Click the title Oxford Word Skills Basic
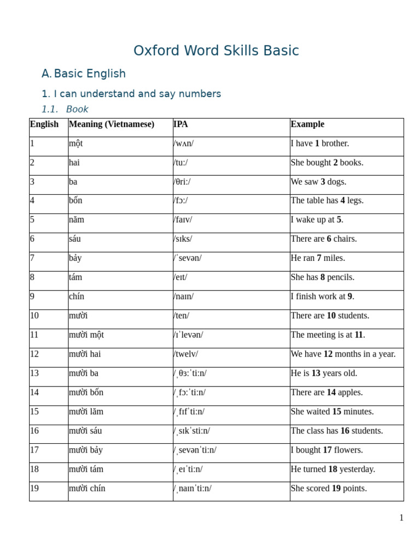point(216,51)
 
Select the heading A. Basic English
point(84,74)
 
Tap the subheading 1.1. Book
point(65,109)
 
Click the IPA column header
point(180,124)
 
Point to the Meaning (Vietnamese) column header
point(112,124)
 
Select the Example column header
point(307,124)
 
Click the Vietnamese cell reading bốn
point(75,200)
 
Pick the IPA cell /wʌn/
point(183,144)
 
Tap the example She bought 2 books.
point(327,163)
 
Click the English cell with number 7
point(32,258)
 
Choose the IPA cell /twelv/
point(186,354)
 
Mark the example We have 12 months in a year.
point(343,354)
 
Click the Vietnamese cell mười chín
point(87,488)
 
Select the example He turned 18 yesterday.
point(333,469)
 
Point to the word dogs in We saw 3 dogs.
point(337,182)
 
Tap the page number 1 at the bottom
point(401,518)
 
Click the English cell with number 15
point(34,412)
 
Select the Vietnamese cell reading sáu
point(75,239)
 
